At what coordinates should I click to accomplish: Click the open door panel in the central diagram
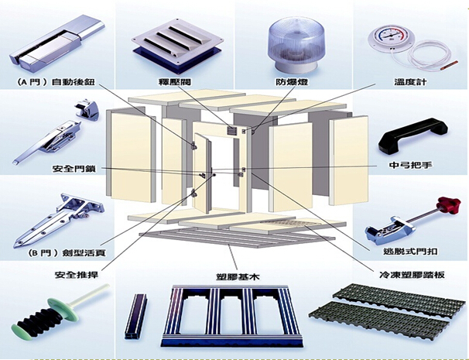[204, 174]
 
